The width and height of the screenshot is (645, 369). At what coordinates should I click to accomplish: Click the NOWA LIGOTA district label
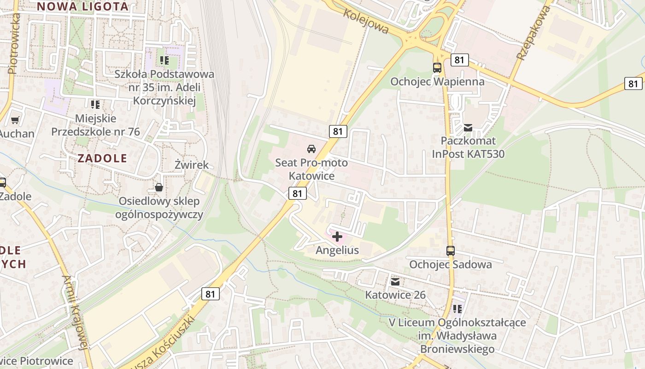click(82, 6)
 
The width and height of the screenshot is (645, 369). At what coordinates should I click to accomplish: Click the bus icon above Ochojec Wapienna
click(437, 68)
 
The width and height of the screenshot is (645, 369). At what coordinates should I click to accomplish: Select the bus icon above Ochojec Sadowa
click(451, 251)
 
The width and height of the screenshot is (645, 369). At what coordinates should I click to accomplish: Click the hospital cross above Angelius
click(337, 237)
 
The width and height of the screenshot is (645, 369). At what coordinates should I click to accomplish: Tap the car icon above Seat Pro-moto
click(311, 149)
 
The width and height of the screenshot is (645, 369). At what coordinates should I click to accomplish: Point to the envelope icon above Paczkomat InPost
click(468, 128)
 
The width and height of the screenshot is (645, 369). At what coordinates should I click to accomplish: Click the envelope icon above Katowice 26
click(395, 281)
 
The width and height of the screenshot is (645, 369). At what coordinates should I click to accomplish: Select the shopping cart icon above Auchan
click(15, 120)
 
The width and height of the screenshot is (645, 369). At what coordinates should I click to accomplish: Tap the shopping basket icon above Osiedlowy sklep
click(159, 187)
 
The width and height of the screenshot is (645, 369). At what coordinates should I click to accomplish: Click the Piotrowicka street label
click(13, 44)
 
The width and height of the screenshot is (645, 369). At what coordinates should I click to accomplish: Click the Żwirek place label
click(192, 165)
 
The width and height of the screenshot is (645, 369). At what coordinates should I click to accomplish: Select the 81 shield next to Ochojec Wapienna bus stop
click(459, 60)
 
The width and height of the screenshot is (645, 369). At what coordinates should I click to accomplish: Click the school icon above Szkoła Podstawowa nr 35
click(164, 60)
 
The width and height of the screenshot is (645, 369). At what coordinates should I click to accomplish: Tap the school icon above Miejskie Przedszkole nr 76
click(95, 105)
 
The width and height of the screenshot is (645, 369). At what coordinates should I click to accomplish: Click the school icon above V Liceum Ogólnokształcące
click(457, 309)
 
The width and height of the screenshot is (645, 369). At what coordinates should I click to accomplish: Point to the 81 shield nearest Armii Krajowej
click(210, 294)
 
